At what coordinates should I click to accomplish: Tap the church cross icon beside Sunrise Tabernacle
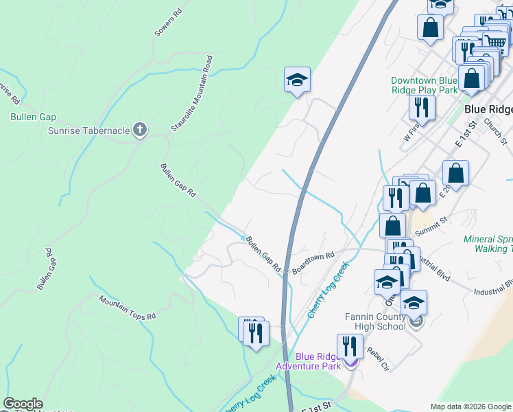140,130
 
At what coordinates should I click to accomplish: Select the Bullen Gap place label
33,117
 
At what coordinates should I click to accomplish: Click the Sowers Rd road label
168,22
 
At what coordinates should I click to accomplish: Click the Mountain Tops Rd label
128,308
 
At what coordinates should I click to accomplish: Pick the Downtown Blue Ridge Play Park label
424,85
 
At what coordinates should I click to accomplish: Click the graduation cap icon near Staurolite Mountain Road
297,80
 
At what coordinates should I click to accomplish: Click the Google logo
23,404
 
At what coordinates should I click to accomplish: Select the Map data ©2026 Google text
470,407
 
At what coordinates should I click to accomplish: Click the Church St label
494,133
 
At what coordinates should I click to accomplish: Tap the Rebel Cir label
377,358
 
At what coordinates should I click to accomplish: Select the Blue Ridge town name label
488,108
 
